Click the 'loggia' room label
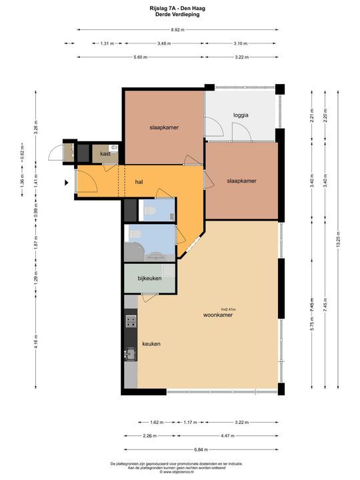241,115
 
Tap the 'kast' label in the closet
105,154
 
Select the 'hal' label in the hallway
139,181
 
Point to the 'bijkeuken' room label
149,278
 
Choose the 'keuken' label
151,344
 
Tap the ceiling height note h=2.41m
229,309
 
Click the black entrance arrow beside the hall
67,181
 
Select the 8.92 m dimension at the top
177,30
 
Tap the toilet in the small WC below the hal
150,211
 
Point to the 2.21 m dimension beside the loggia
311,113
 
